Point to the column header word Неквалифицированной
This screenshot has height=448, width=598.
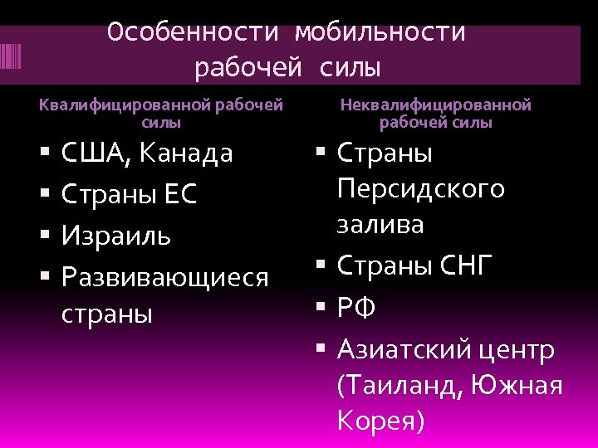point(436,105)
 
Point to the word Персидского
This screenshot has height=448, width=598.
point(421,189)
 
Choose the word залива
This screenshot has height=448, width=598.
point(380,225)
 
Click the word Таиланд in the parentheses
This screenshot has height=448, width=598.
point(399,386)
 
